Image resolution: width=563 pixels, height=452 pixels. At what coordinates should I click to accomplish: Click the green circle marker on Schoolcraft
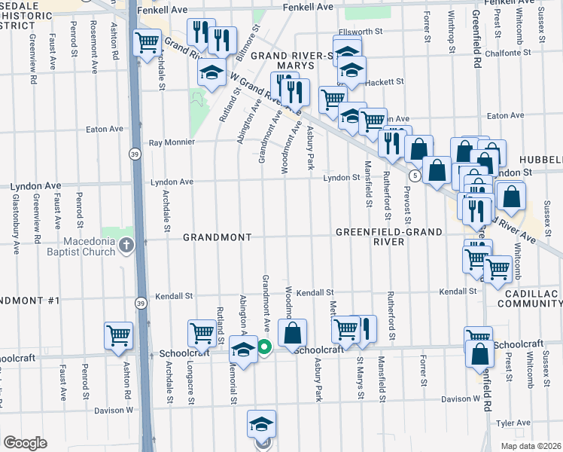point(264,347)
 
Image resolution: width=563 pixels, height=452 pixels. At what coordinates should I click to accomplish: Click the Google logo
point(25,443)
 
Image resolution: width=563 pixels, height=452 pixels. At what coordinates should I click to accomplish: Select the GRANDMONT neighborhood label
point(218,237)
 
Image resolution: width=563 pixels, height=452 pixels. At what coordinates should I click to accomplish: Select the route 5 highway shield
point(414,175)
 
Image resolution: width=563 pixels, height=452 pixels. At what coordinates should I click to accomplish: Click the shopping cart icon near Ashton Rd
point(119,336)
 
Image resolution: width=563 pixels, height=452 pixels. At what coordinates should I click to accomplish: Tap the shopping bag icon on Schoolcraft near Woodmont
point(293,332)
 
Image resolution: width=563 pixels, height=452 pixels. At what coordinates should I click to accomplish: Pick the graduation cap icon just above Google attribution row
point(260,424)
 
